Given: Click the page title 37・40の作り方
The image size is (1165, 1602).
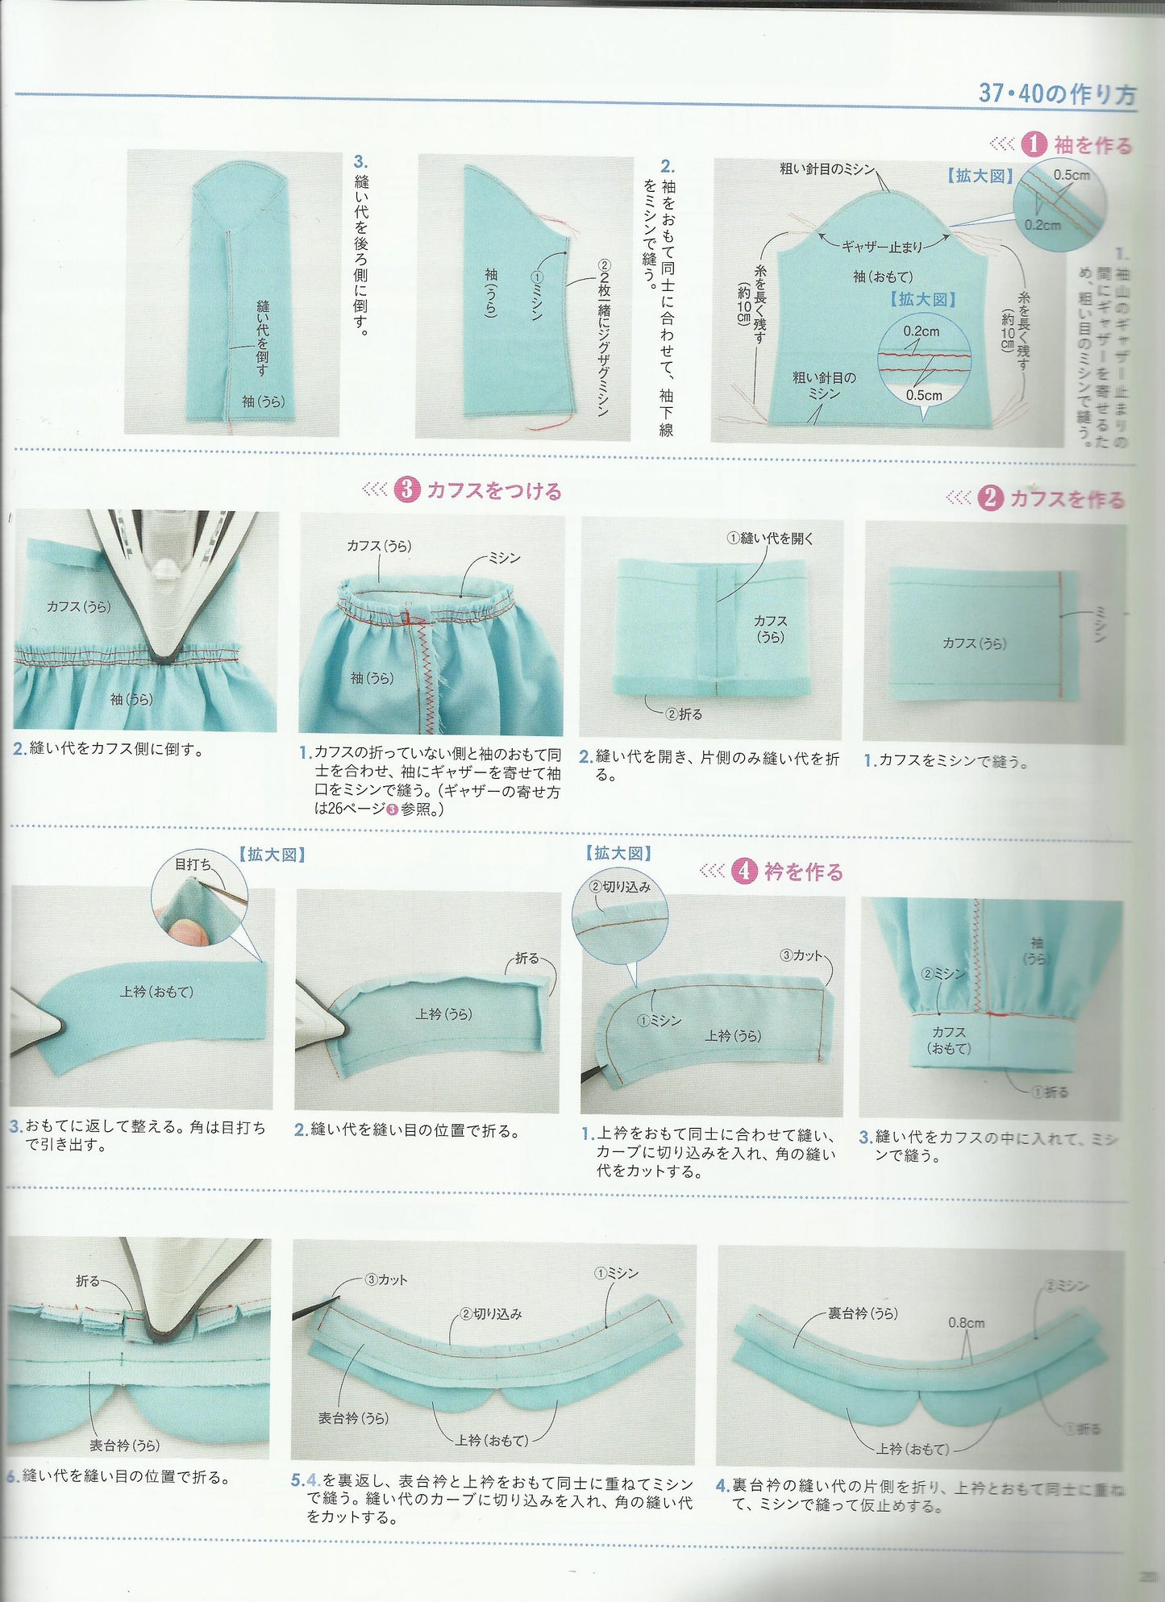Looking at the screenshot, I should (x=1056, y=94).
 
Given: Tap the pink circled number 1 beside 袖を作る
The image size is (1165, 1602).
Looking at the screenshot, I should (x=1034, y=145).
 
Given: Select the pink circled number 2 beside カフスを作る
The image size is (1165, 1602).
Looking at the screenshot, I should (x=990, y=498).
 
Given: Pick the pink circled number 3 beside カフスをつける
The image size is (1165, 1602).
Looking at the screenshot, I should (x=407, y=489).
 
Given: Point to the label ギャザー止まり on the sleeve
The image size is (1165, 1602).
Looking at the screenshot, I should (x=882, y=247).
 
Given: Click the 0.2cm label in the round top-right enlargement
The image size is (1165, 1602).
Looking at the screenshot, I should (x=1042, y=225).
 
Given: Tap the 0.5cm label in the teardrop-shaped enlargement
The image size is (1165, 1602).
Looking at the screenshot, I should (x=923, y=395).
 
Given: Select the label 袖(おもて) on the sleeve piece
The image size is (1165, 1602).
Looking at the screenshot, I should (x=883, y=277).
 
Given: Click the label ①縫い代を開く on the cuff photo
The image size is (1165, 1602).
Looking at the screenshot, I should (x=770, y=539).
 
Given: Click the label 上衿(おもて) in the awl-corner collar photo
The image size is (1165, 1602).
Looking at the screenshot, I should (x=157, y=992).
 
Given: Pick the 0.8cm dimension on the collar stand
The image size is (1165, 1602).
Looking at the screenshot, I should (x=966, y=1323).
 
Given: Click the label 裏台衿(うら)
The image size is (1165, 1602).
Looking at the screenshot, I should (x=863, y=1313).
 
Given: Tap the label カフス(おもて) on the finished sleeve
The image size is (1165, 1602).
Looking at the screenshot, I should (x=949, y=1040).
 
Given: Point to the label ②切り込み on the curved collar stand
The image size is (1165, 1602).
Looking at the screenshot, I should (x=491, y=1313).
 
